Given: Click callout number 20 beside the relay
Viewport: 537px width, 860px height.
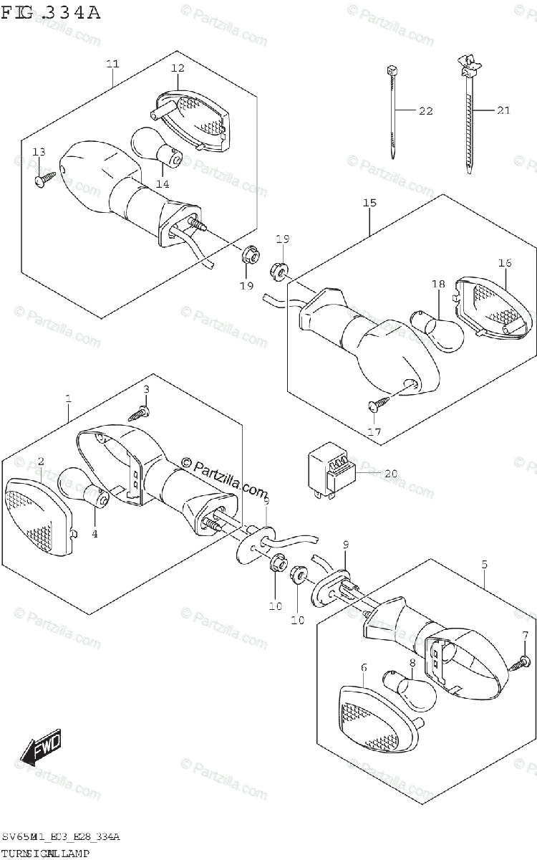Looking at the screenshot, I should [390, 473].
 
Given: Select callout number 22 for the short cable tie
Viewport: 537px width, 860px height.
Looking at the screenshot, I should [426, 110].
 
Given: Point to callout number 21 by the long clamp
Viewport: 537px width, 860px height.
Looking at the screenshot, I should [503, 110].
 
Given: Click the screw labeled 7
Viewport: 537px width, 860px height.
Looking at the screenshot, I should [521, 661].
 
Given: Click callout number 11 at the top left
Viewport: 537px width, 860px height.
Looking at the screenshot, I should [112, 64].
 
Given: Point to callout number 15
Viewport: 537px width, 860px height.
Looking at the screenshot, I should [369, 204].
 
